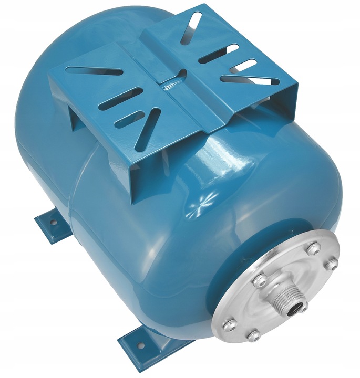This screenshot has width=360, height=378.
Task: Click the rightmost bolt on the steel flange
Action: click(330, 265)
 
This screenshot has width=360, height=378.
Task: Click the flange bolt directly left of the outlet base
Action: click(260, 282)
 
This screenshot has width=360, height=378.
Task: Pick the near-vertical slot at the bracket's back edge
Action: click(190, 27)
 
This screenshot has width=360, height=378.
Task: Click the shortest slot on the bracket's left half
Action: click(136, 116)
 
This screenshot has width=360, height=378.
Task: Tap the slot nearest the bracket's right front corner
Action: click(249, 80)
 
